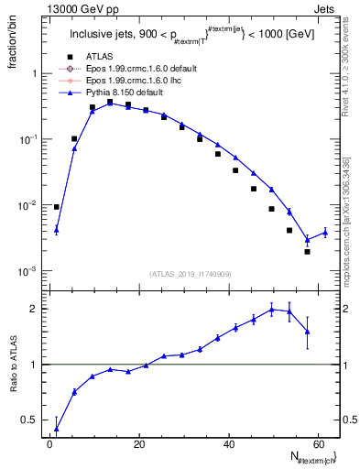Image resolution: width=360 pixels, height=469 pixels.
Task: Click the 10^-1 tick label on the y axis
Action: [28, 139]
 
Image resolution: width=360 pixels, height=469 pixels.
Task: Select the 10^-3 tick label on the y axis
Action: [28, 271]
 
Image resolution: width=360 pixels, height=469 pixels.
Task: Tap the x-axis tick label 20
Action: [138, 444]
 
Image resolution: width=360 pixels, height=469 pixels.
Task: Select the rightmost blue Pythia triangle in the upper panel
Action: [324, 233]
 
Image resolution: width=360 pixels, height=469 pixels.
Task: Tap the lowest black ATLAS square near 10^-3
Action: [307, 252]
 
